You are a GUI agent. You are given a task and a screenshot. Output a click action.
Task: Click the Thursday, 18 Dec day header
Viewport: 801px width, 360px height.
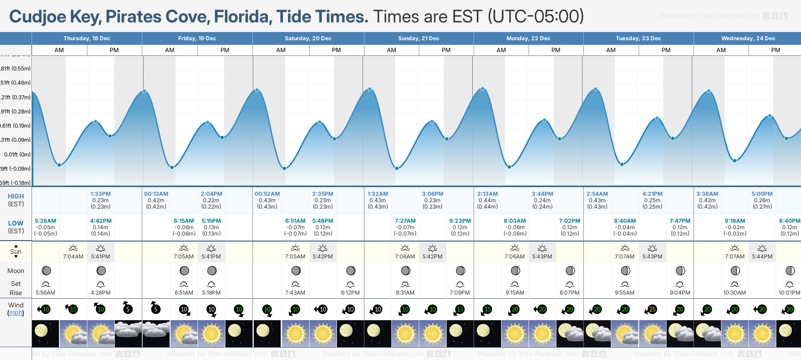(x=86, y=38)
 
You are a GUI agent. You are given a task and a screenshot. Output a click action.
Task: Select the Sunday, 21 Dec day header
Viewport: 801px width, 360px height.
(x=418, y=38)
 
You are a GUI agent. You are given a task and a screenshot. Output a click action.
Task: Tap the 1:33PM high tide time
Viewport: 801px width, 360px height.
(x=100, y=194)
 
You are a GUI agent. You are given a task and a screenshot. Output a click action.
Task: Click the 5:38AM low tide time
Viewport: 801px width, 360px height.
(x=45, y=221)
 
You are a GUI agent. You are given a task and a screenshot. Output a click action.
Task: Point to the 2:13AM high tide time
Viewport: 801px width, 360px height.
(x=487, y=194)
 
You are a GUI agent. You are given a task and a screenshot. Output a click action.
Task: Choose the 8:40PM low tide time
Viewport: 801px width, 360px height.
(x=790, y=221)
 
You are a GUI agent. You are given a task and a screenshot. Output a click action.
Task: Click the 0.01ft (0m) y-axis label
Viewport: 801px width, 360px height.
(x=17, y=155)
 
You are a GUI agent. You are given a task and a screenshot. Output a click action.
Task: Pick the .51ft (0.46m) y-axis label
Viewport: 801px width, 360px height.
(x=16, y=83)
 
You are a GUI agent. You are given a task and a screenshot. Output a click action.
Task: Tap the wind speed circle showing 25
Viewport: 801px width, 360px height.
(x=652, y=310)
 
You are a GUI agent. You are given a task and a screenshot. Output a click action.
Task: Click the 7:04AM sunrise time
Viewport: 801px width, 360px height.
(x=73, y=257)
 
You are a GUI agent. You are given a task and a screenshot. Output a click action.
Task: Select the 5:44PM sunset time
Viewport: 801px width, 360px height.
(x=762, y=257)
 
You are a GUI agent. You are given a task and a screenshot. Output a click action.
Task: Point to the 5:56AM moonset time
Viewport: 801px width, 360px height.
(x=45, y=293)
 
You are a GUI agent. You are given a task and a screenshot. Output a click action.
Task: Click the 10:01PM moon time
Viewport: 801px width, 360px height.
(x=789, y=293)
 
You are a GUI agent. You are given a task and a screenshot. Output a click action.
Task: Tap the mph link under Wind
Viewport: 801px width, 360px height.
(x=16, y=313)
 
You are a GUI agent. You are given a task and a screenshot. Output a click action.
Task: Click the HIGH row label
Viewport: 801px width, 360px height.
(x=16, y=196)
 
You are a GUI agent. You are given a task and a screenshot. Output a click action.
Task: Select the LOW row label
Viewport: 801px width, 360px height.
(x=16, y=223)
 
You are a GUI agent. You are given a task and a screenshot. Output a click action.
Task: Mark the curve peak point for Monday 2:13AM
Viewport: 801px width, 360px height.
(x=483, y=89)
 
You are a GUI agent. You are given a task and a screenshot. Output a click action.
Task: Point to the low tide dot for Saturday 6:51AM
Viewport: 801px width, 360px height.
(x=284, y=168)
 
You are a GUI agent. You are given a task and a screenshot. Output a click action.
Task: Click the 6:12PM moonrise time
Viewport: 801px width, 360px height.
(x=350, y=293)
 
